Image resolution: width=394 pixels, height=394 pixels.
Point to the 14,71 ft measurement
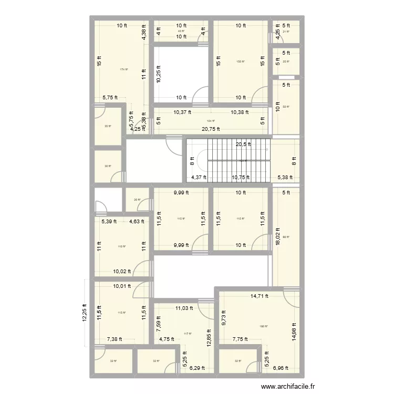[258, 296]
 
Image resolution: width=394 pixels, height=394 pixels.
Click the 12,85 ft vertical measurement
[209, 337]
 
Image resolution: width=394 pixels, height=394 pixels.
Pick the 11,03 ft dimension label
[184, 308]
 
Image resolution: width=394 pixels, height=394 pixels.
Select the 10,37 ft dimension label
[182, 112]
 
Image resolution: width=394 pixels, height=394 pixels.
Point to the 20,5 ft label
[243, 144]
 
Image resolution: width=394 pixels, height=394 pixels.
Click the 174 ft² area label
[123, 70]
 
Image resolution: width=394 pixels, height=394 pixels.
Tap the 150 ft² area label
[241, 61]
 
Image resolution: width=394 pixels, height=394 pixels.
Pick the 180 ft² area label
[263, 327]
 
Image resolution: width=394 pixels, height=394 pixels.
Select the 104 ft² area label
[211, 121]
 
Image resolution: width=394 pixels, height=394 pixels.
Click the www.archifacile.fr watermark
[288, 387]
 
